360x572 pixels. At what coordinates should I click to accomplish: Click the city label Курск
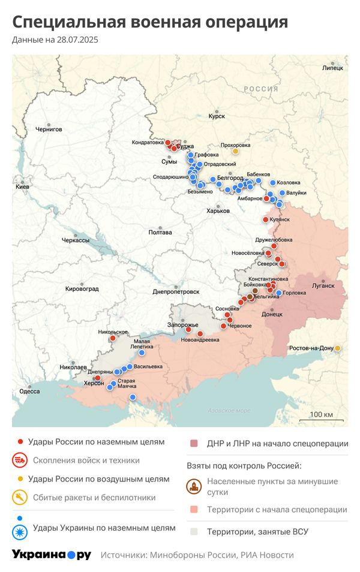pyautogui.click(x=216, y=116)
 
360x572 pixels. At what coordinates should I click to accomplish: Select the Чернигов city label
pyautogui.click(x=49, y=129)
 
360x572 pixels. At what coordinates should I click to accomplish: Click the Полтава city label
pyautogui.click(x=160, y=232)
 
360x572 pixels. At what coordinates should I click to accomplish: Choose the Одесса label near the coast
pyautogui.click(x=29, y=391)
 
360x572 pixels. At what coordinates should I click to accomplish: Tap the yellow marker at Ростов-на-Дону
pyautogui.click(x=338, y=348)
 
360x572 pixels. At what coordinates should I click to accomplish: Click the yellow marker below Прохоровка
pyautogui.click(x=235, y=151)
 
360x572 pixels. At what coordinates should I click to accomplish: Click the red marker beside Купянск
pyautogui.click(x=266, y=219)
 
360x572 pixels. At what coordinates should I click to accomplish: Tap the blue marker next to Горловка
pyautogui.click(x=278, y=293)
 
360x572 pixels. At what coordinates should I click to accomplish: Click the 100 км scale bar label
pyautogui.click(x=322, y=415)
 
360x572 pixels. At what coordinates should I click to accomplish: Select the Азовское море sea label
pyautogui.click(x=229, y=411)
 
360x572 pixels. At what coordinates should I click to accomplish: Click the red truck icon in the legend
pyautogui.click(x=20, y=460)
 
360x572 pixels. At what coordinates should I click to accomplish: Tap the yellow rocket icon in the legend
pyautogui.click(x=20, y=497)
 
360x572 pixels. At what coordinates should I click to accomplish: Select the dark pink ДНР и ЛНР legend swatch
pyautogui.click(x=194, y=444)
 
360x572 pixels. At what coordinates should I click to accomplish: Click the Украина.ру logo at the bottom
pyautogui.click(x=52, y=555)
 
